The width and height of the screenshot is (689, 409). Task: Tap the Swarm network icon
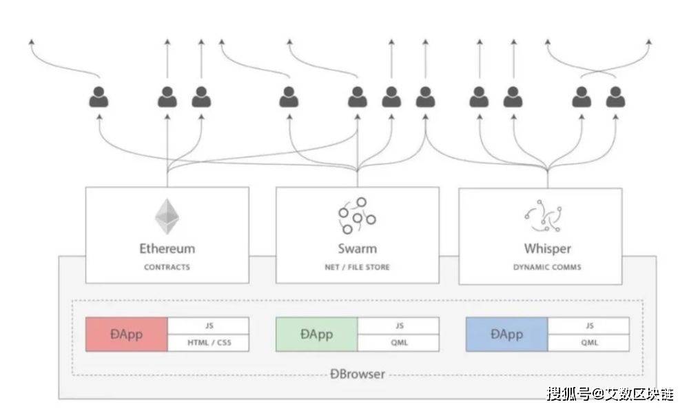click(x=357, y=215)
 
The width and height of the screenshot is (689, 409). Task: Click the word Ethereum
click(x=167, y=248)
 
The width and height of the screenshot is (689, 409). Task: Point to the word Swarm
click(x=357, y=248)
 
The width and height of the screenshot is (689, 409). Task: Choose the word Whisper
click(x=547, y=248)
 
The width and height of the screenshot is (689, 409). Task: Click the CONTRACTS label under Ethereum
click(x=167, y=267)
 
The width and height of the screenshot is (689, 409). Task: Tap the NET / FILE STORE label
click(x=357, y=267)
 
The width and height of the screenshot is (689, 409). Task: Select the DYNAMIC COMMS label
click(x=547, y=267)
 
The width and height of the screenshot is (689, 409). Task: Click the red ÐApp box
click(x=126, y=335)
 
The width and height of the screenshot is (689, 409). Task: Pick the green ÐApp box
click(x=316, y=335)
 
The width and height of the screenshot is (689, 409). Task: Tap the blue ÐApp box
click(x=506, y=335)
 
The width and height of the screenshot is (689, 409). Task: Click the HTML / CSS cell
click(x=207, y=343)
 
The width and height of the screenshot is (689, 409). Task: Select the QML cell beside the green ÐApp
click(x=398, y=343)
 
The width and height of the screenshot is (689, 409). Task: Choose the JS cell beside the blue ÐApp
click(x=588, y=326)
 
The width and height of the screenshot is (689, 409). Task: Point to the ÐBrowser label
click(x=357, y=375)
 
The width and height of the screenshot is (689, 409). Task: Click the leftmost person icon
click(x=99, y=97)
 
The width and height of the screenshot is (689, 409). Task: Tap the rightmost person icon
click(x=615, y=97)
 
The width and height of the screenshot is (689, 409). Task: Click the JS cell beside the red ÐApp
click(x=207, y=326)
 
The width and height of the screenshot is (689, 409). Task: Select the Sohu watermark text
click(x=610, y=394)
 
